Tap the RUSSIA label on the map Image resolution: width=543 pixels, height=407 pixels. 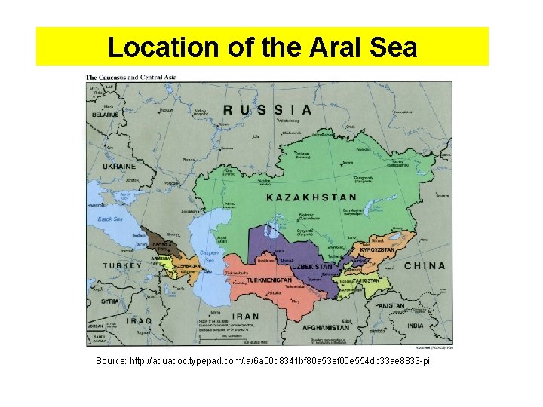tap(267, 109)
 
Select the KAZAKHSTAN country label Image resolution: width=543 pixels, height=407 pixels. tap(311, 197)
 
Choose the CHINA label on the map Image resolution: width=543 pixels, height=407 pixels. tap(425, 265)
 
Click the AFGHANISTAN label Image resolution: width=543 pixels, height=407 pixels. tap(325, 328)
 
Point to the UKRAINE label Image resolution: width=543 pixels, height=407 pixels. tap(118, 166)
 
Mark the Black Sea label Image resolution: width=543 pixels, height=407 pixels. tap(109, 219)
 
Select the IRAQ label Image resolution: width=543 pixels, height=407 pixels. tap(140, 320)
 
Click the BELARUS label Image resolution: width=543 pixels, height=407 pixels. tap(106, 115)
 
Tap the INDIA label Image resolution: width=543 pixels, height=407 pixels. tap(414, 325)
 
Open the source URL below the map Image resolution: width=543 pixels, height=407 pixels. tap(262, 362)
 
